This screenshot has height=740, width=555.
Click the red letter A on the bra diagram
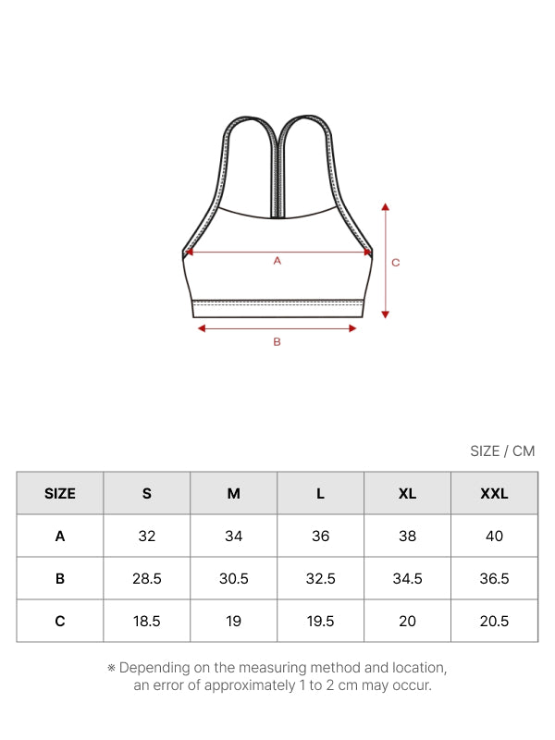point(277,261)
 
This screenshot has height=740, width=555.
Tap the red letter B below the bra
point(277,341)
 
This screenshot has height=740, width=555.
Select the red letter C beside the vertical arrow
point(396,263)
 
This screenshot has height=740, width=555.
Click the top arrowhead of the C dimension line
point(385,206)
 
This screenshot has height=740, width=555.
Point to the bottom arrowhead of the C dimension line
point(385,314)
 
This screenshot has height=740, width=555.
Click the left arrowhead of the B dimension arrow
point(202,328)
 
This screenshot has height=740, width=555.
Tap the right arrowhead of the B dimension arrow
point(352,328)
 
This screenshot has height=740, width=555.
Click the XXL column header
point(494,493)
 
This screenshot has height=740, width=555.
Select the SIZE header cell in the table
point(60,493)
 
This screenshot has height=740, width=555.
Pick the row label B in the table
point(60,578)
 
